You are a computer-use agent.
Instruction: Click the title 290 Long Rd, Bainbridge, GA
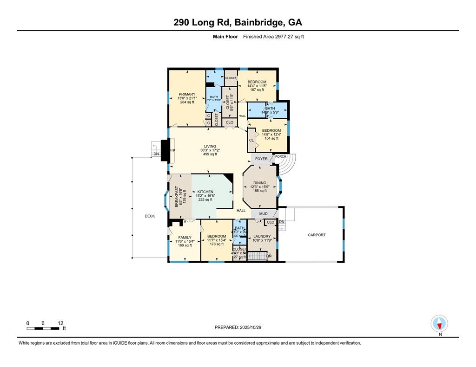[x=238, y=22]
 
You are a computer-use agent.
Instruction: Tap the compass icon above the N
[x=439, y=322]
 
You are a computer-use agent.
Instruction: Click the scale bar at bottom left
[x=45, y=328]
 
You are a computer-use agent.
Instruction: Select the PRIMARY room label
[x=187, y=95]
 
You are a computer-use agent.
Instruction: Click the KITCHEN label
[x=205, y=192]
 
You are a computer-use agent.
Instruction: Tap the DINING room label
[x=260, y=183]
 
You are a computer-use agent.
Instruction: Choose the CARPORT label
[x=317, y=235]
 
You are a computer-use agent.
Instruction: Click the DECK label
[x=149, y=216]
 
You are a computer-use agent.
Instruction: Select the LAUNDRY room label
[x=262, y=237]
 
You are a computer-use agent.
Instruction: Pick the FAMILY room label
[x=184, y=238]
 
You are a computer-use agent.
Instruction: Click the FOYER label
[x=262, y=159]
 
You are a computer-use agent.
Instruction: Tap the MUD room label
[x=263, y=214]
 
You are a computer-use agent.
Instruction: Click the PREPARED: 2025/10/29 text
[x=238, y=327]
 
